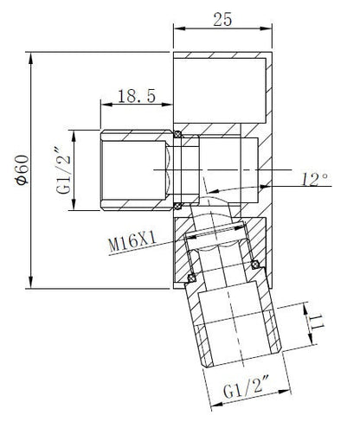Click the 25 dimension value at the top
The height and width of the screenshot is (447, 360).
[222, 20]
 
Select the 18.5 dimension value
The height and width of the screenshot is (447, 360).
[137, 96]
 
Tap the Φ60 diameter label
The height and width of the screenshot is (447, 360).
[22, 169]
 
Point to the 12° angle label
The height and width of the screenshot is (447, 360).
[315, 180]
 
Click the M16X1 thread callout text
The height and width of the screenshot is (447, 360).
[132, 242]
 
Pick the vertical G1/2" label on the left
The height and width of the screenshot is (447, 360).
[63, 170]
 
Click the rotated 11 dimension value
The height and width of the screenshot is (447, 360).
[318, 322]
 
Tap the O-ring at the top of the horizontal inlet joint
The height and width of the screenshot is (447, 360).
[177, 134]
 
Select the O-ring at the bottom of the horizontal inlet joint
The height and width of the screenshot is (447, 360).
[177, 206]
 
